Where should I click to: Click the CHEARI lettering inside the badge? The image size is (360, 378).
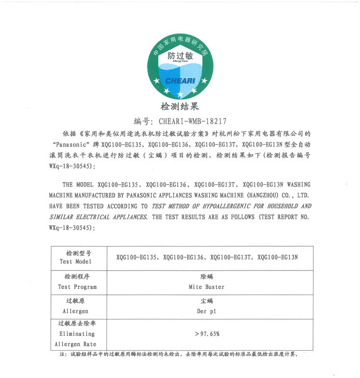click(x=180, y=81)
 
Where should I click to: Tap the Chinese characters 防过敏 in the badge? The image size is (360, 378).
click(x=180, y=56)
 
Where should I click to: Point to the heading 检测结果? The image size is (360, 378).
click(x=180, y=106)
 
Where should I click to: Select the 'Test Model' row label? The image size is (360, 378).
click(x=75, y=261)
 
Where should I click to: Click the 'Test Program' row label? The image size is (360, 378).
click(x=77, y=287)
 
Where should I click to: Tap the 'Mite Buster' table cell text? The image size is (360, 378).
click(x=207, y=287)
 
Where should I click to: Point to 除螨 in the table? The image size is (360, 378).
click(x=207, y=277)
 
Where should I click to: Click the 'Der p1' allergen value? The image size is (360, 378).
click(x=207, y=311)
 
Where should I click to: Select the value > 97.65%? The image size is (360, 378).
click(x=207, y=333)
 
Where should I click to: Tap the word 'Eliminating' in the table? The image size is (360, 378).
click(x=77, y=333)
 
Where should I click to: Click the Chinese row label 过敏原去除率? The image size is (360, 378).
click(x=77, y=324)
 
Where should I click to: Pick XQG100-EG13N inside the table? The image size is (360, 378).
click(x=278, y=257)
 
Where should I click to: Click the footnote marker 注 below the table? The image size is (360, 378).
click(x=62, y=355)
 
